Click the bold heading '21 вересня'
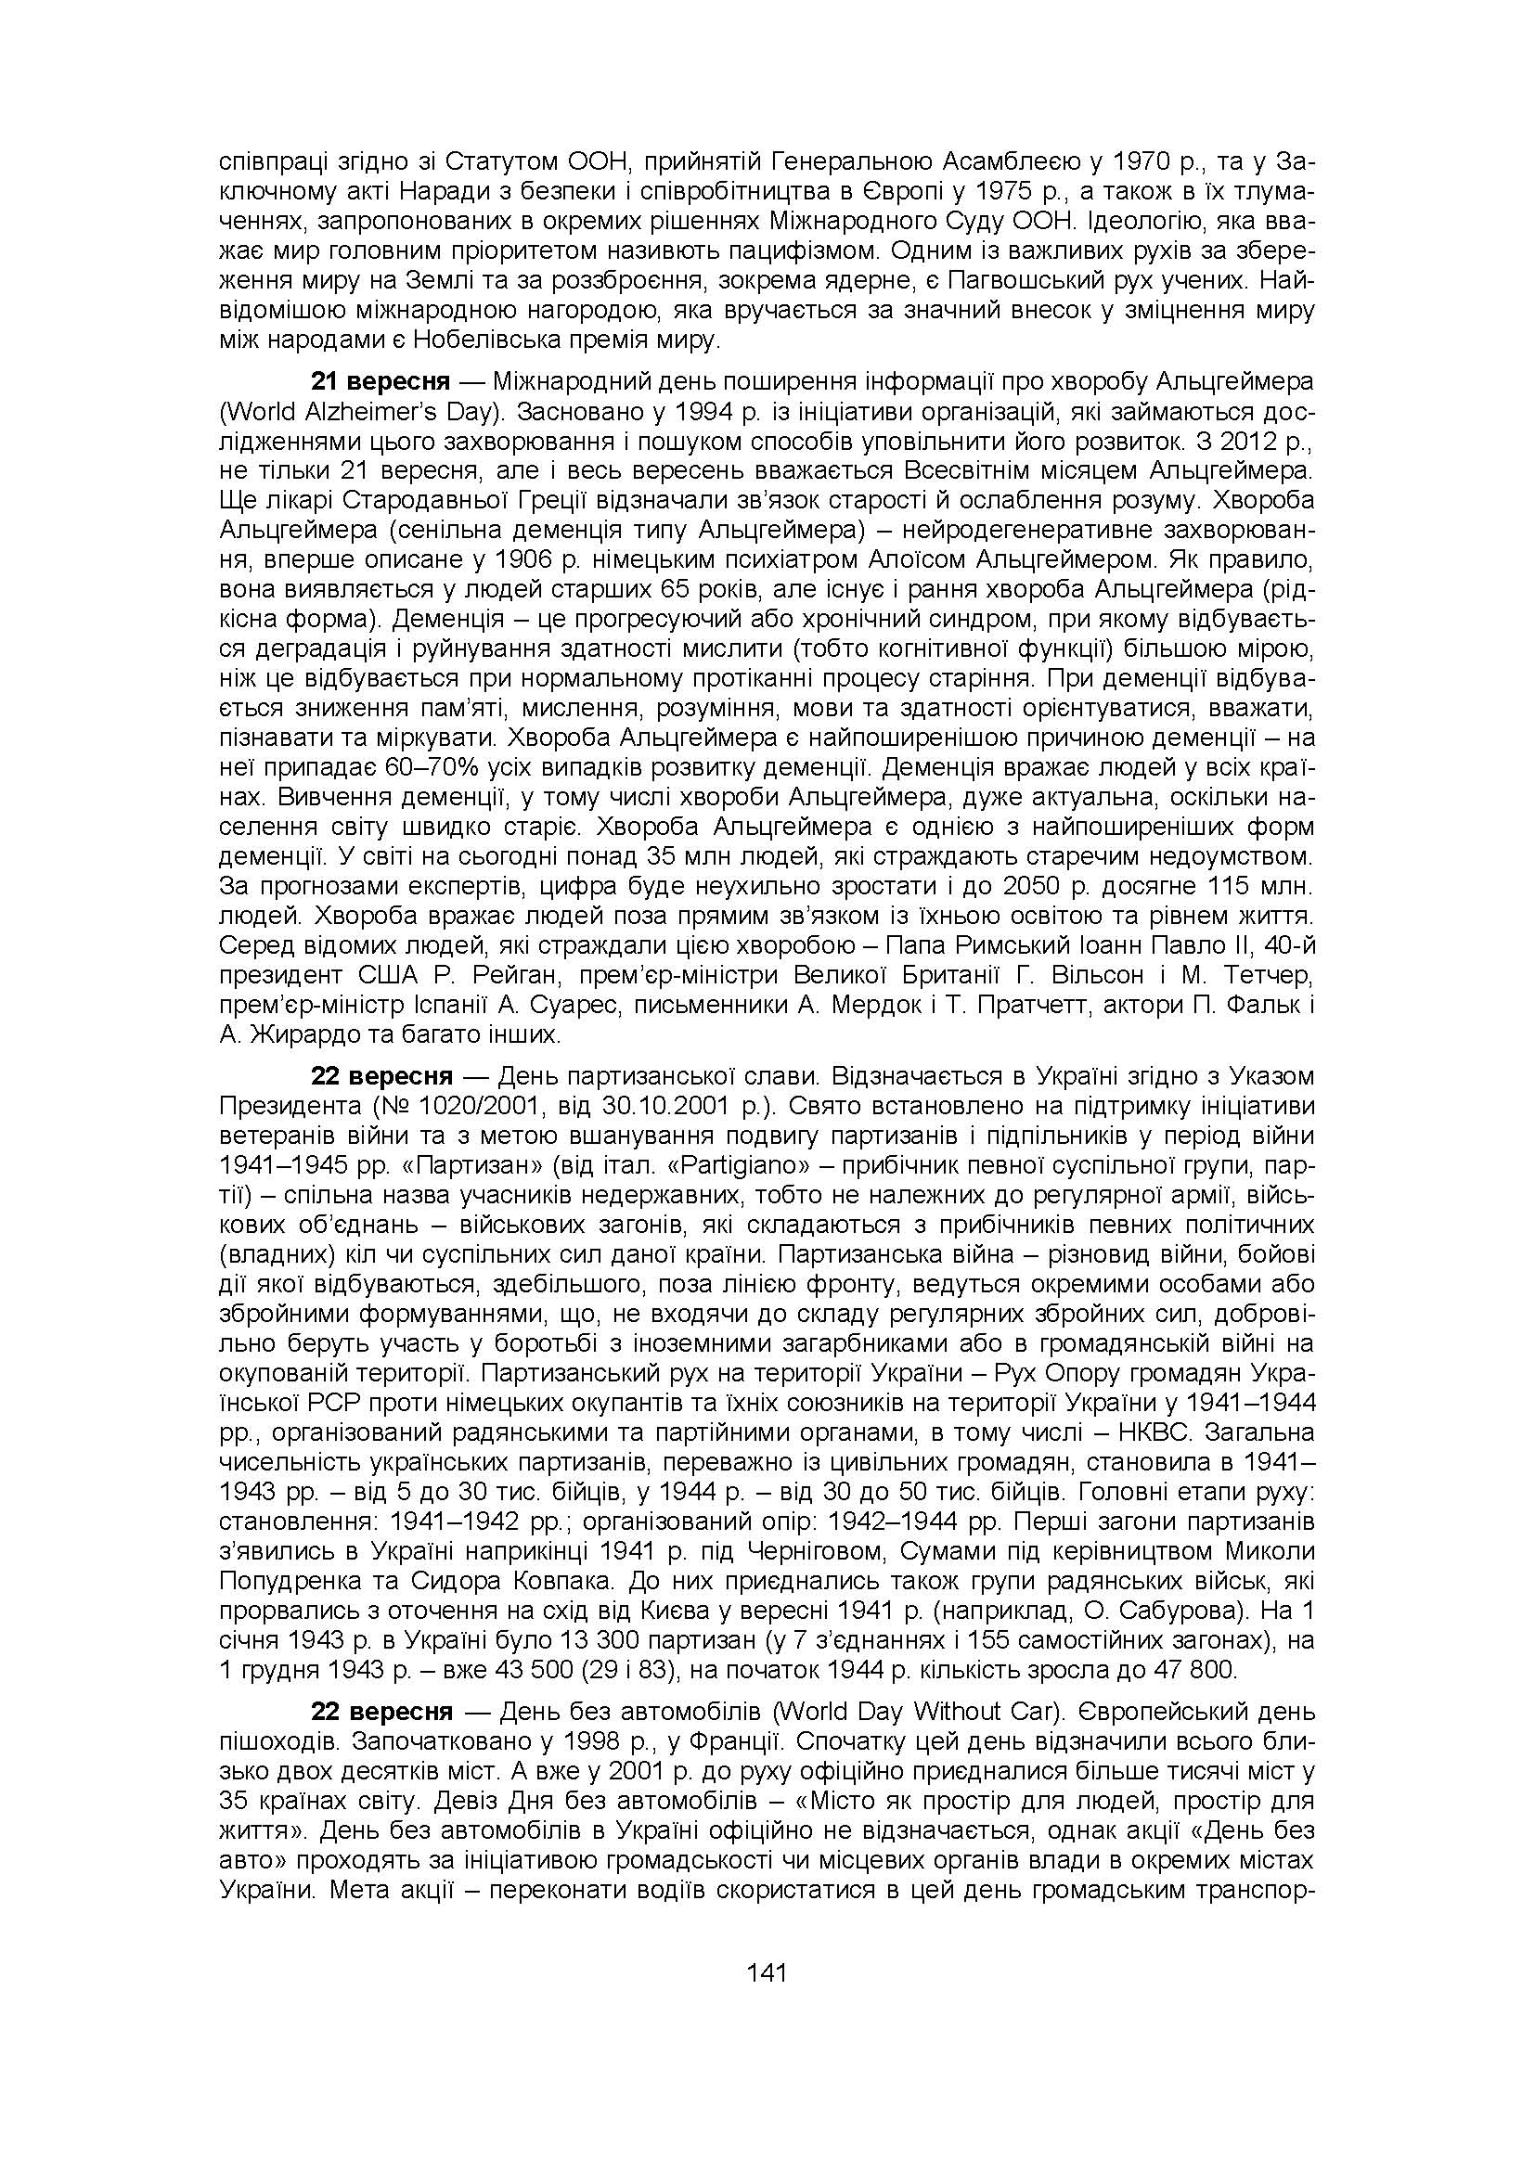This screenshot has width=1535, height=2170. click(381, 382)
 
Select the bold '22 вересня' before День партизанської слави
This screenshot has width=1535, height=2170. click(381, 1075)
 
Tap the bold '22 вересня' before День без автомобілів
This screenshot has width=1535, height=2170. click(381, 1712)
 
